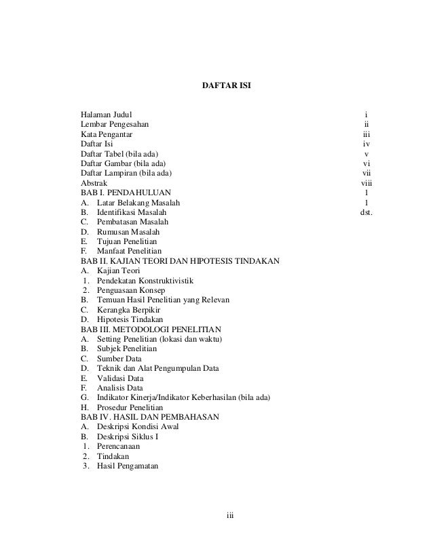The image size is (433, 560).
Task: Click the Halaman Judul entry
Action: [x=107, y=115]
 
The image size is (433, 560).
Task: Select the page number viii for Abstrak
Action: [x=366, y=183]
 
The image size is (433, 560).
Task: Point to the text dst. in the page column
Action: [x=366, y=212]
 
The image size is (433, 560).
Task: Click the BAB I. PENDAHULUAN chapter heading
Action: [x=126, y=193]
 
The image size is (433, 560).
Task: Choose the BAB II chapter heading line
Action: [x=180, y=261]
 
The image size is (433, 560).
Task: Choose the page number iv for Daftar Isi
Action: [x=366, y=144]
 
